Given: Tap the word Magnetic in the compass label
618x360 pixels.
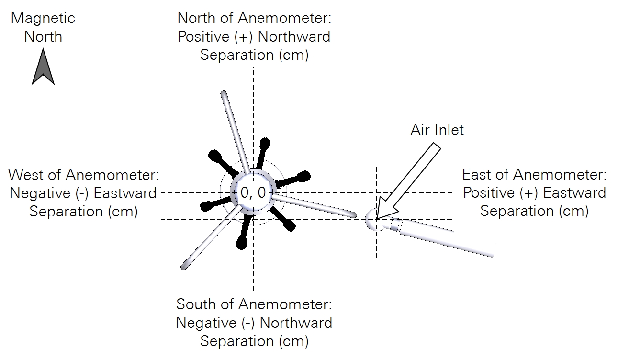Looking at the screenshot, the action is (43, 19).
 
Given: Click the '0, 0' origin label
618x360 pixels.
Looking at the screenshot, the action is (253, 192).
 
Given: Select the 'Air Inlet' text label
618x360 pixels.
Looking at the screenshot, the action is (437, 130).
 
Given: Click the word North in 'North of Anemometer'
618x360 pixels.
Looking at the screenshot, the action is (196, 18).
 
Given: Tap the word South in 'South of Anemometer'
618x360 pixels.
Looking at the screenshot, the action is (196, 304).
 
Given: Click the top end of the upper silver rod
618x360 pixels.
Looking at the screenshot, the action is (224, 94).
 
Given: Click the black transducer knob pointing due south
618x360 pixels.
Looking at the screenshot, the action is (241, 243).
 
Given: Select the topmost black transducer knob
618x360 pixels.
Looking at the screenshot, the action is (265, 143).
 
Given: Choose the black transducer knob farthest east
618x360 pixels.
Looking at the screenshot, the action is (303, 176).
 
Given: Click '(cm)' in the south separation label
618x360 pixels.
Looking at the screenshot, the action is (293, 341).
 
